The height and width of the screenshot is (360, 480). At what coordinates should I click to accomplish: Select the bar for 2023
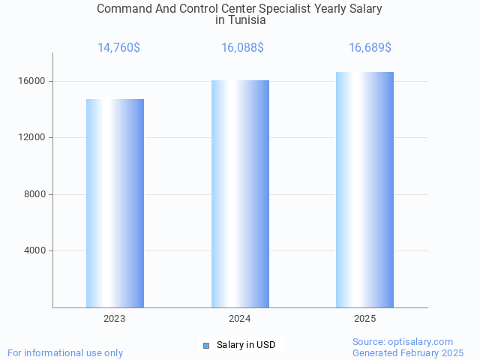tap(115, 203)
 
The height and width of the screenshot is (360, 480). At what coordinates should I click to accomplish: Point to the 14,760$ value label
tap(118, 48)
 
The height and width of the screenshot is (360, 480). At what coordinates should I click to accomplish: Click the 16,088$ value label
tap(242, 48)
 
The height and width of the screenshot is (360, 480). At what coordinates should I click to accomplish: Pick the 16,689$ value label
tap(370, 48)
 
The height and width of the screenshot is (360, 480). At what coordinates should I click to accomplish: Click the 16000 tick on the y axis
tap(32, 81)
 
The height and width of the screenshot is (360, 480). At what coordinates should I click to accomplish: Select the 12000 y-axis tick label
tap(32, 138)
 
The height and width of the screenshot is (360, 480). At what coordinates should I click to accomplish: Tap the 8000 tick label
tap(34, 194)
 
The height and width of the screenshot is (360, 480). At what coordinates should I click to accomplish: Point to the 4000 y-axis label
tap(34, 250)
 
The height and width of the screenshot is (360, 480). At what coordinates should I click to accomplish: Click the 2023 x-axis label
tap(115, 319)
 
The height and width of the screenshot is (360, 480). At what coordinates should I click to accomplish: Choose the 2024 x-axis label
tap(240, 319)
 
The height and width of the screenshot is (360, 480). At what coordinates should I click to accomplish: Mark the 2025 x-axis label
tap(364, 319)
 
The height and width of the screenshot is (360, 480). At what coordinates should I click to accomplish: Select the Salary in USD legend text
tap(246, 345)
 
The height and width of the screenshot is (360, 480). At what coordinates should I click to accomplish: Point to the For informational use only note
tap(65, 352)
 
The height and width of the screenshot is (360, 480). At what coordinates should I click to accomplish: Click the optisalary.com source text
tap(423, 341)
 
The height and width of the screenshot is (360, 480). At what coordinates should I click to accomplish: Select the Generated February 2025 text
tap(408, 352)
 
